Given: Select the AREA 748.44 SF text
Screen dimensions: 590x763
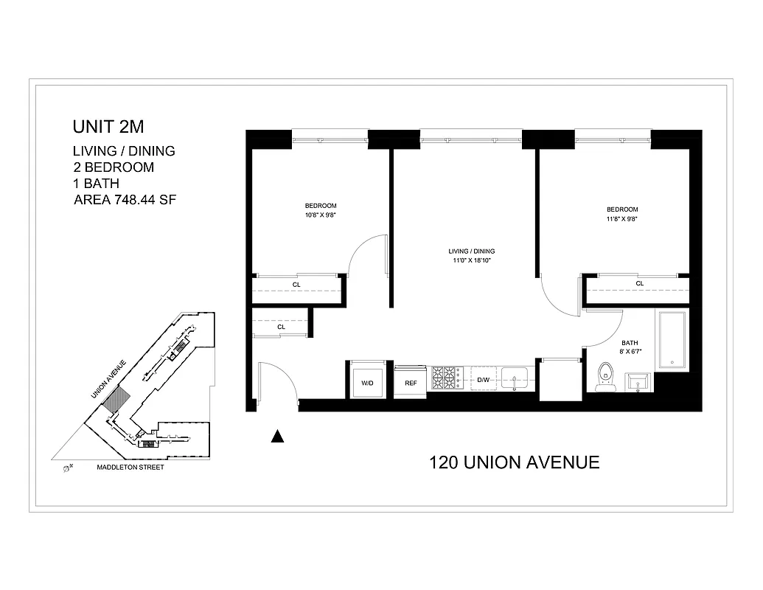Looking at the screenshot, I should coord(124,199).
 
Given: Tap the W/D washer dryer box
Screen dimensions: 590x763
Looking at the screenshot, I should coord(366,382).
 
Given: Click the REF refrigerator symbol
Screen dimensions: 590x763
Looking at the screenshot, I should coord(411,382).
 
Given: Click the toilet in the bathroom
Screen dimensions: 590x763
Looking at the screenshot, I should coord(606,375).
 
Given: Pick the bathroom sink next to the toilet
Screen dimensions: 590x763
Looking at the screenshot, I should coord(638,381).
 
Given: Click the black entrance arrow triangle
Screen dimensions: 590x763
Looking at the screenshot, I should coord(277,437).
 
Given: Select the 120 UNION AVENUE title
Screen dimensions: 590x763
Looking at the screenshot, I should coord(514,462).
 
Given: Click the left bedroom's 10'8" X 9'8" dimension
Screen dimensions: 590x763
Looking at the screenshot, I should coord(321,215).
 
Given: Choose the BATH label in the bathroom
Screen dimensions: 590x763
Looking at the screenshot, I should coord(629,343).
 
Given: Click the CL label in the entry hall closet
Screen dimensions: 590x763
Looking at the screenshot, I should coord(281,326).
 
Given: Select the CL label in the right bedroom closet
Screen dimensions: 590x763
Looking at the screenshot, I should coord(639,283).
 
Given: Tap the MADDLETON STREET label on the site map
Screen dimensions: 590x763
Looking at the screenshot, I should coord(130,467).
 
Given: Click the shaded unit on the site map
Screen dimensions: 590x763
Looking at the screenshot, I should coord(117,401).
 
